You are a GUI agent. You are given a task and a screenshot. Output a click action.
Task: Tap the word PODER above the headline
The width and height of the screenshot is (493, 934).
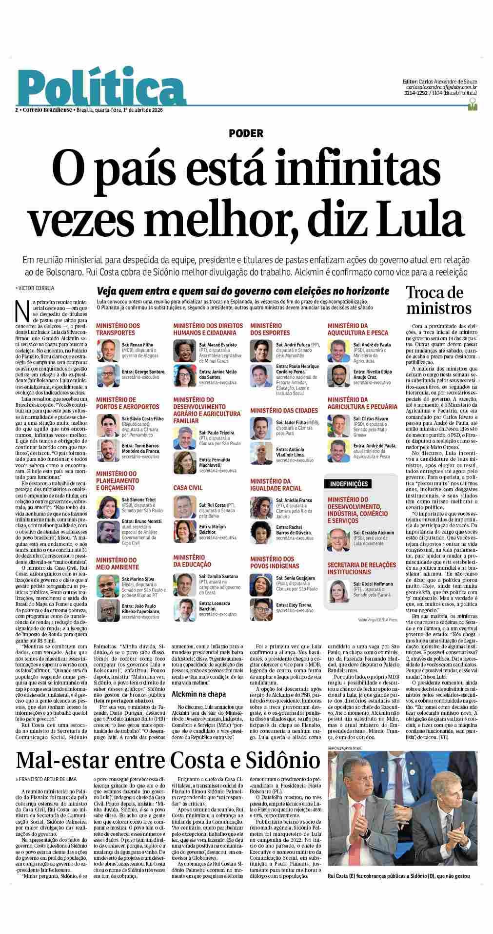(x=246, y=133)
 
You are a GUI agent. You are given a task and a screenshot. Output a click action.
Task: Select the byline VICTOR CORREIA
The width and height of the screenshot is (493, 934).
(x=36, y=288)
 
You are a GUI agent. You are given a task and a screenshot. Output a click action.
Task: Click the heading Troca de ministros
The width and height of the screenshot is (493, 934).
(x=439, y=300)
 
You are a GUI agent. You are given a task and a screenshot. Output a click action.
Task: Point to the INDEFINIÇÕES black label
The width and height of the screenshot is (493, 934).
(x=349, y=484)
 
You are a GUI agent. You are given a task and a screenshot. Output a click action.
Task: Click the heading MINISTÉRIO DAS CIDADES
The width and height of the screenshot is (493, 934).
(x=283, y=411)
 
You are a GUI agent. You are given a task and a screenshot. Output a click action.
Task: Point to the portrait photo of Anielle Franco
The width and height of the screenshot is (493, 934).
(x=260, y=506)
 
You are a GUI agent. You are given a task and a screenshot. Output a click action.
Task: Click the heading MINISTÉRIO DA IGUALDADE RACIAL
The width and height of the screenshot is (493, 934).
(x=276, y=484)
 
